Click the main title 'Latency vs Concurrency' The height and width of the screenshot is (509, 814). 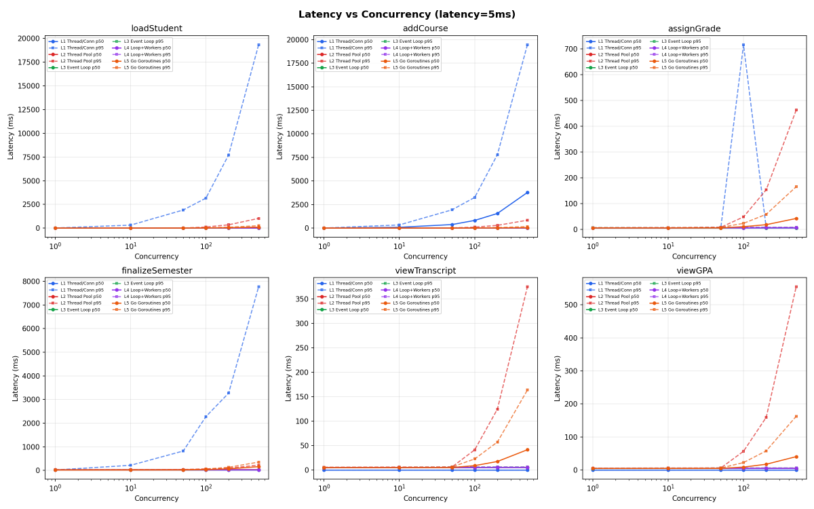point(406,14)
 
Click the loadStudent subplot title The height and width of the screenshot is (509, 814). point(157,29)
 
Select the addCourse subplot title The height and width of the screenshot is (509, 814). point(425,29)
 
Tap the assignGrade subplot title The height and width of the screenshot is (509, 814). point(694,29)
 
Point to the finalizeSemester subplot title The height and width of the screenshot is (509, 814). point(157,271)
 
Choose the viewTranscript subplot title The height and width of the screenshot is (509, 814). point(425,271)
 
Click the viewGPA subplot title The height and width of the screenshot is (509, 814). point(694,271)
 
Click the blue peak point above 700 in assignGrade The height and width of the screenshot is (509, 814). point(743,45)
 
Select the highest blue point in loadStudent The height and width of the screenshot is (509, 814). point(258,45)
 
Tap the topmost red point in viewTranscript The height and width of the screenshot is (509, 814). point(527,287)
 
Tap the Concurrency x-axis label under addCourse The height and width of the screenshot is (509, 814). point(425,257)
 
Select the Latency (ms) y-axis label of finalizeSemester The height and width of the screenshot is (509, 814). point(16,378)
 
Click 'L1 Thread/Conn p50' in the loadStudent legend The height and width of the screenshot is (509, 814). point(82,41)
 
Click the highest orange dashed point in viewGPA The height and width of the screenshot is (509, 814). point(796,417)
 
